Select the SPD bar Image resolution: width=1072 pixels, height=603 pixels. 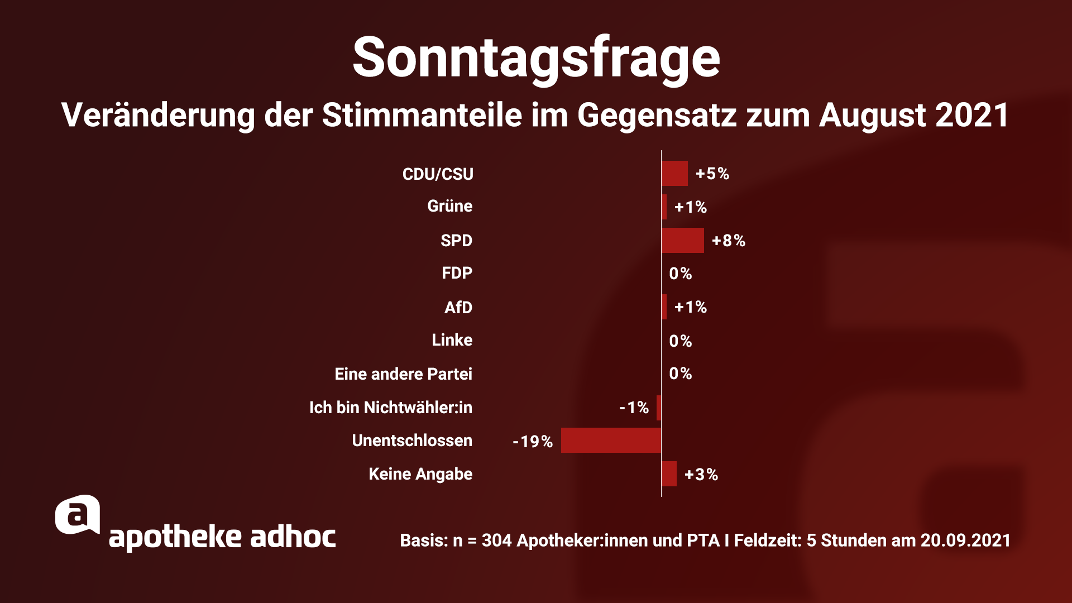pyautogui.click(x=682, y=241)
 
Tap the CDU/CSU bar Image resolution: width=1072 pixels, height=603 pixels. pyautogui.click(x=674, y=174)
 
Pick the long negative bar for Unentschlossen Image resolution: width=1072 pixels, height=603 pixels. pyautogui.click(x=611, y=441)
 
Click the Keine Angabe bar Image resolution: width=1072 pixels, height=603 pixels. pyautogui.click(x=669, y=474)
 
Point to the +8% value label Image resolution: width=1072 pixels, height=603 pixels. pyautogui.click(x=729, y=241)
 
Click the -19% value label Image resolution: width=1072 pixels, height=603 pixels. pyautogui.click(x=533, y=442)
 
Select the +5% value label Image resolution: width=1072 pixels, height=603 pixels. pyautogui.click(x=712, y=174)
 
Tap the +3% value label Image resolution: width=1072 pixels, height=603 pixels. pyautogui.click(x=701, y=475)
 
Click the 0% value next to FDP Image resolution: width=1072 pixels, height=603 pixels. pyautogui.click(x=681, y=274)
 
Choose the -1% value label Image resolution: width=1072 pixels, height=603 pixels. pyautogui.click(x=634, y=408)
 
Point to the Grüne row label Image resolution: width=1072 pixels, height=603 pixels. pyautogui.click(x=450, y=206)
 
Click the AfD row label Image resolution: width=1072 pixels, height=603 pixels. pyautogui.click(x=458, y=308)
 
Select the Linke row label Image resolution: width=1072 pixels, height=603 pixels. pyautogui.click(x=452, y=340)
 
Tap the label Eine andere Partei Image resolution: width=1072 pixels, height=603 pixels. pyautogui.click(x=403, y=374)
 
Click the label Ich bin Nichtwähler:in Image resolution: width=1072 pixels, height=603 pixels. pyautogui.click(x=390, y=408)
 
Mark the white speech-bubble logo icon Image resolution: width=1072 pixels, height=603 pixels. pyautogui.click(x=78, y=515)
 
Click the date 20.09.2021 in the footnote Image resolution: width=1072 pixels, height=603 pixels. pyautogui.click(x=965, y=540)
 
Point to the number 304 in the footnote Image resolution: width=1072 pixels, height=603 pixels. pyautogui.click(x=496, y=540)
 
